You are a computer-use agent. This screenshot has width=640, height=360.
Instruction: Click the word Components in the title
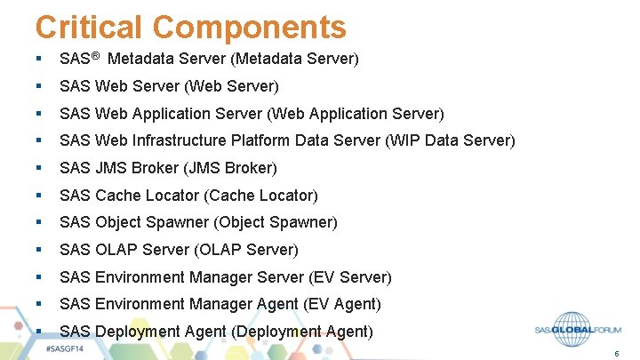[x=252, y=27]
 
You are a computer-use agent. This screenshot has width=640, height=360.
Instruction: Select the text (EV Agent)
[x=341, y=304]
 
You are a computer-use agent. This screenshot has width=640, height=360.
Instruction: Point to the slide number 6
[x=616, y=353]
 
